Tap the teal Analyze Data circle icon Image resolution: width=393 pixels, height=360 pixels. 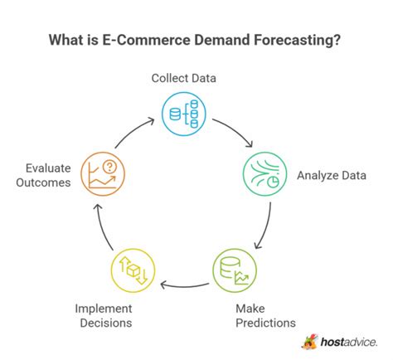tap(260, 174)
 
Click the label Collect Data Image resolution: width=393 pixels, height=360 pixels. tap(184, 78)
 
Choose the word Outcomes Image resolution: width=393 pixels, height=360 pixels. tap(42, 182)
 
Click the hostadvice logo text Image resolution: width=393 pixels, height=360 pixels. tap(345, 341)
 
